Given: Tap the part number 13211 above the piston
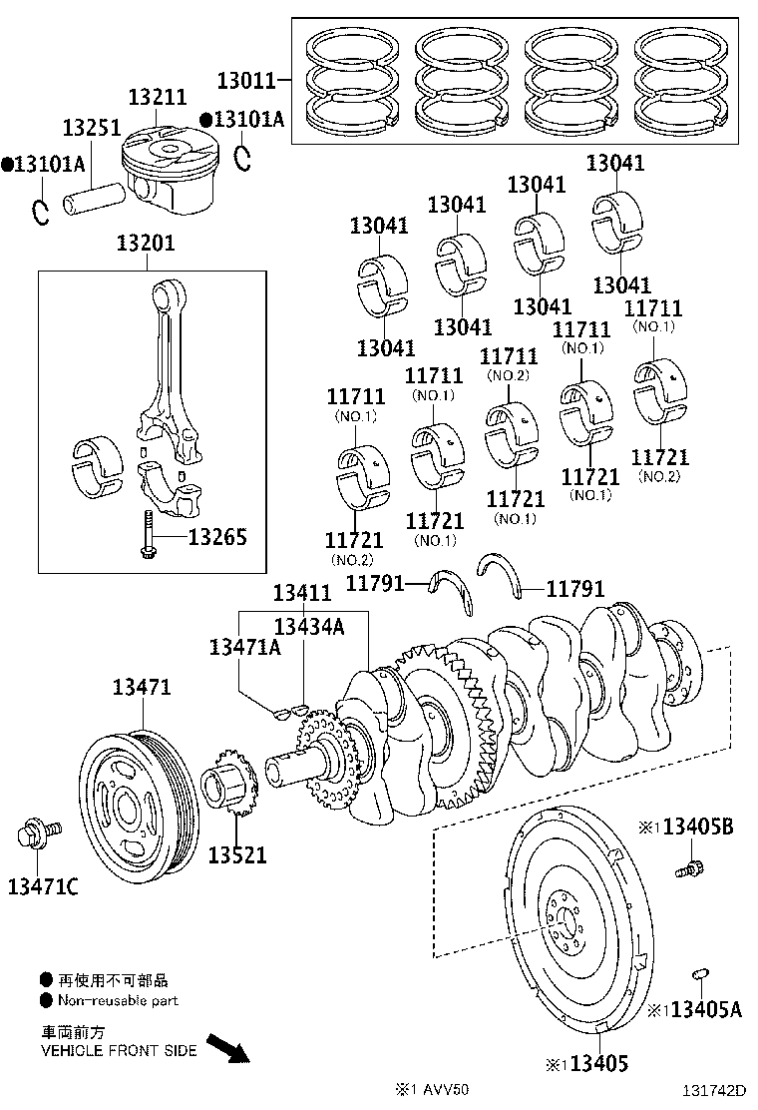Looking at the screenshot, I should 158,97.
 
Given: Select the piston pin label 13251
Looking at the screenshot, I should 91,129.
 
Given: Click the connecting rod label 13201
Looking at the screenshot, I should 146,243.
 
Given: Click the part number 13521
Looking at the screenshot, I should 237,855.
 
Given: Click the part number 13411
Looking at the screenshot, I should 302,593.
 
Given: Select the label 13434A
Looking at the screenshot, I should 309,626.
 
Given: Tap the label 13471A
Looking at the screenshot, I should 244,647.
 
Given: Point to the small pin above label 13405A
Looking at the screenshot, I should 699,974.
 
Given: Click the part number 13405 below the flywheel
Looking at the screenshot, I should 598,1063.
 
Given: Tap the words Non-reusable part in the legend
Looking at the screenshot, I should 118,1000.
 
